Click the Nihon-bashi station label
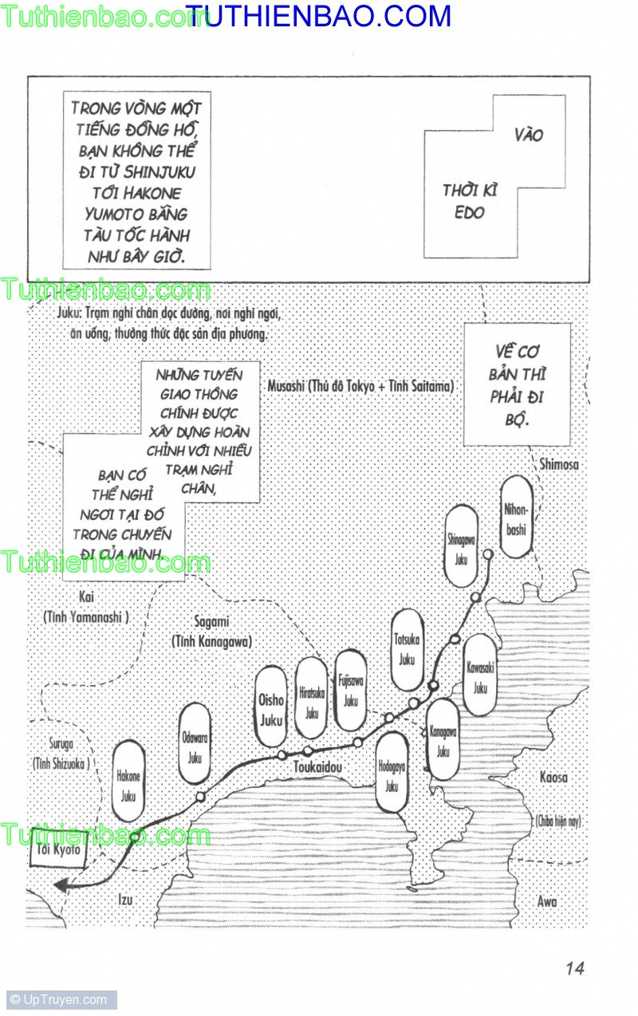517,517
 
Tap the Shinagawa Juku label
462,545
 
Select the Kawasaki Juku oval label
480,675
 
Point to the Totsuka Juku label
408,648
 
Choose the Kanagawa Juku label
443,739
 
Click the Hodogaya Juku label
392,772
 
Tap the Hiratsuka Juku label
311,698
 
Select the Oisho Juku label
271,708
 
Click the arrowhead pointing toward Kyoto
61,884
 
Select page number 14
574,968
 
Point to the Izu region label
125,900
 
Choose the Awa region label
546,902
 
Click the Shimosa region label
559,464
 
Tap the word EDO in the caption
470,213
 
